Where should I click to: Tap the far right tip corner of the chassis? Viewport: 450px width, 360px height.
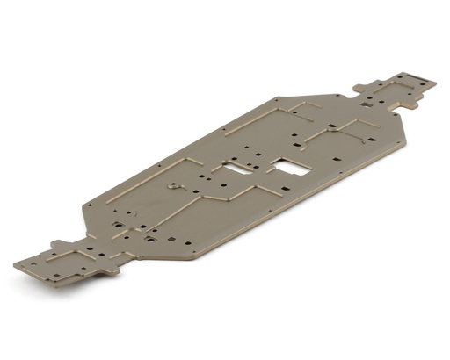435,83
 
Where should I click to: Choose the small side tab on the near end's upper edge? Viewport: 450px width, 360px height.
58,243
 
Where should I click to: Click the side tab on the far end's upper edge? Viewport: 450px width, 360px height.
361,86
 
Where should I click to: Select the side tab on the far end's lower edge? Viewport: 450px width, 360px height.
408,107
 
